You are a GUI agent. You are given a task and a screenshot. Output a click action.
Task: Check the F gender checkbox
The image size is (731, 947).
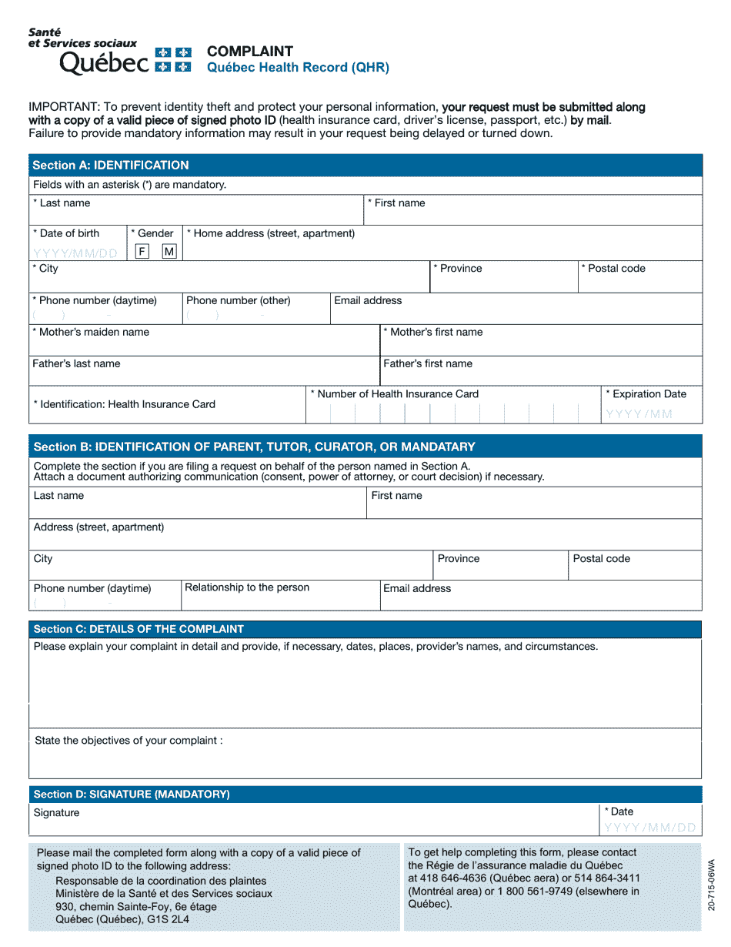coord(142,252)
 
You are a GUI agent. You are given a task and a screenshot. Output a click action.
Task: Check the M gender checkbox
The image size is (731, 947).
coord(169,252)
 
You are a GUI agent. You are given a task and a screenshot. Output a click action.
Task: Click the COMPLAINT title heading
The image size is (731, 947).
coord(250,52)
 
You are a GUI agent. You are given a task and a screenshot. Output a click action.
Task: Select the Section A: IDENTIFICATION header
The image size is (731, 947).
coord(111,165)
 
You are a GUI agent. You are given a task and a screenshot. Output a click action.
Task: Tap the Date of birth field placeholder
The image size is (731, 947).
coord(75,253)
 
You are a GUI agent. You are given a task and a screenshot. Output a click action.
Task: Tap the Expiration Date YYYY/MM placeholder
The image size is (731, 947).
coord(639,414)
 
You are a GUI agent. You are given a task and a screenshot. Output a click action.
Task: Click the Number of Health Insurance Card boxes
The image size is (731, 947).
coord(453,413)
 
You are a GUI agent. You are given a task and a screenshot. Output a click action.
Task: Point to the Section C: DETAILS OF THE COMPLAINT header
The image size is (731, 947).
coord(139,629)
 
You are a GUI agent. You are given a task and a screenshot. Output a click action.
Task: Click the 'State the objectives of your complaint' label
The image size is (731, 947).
coord(129,741)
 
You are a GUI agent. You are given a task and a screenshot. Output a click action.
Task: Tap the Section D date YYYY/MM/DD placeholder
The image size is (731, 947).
coord(650,828)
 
